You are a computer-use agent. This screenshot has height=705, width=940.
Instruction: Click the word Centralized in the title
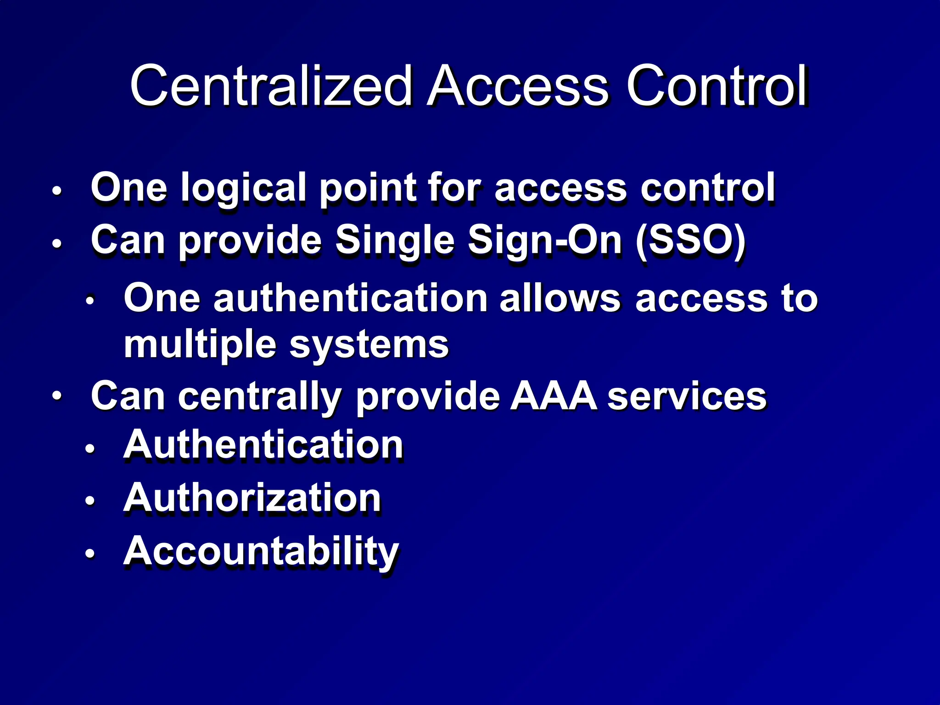[271, 86]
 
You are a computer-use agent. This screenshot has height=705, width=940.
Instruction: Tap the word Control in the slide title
[716, 86]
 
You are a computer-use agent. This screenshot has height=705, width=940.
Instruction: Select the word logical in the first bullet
[243, 188]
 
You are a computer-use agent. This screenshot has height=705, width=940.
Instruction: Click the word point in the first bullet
[367, 188]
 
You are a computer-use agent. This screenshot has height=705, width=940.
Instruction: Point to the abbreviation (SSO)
[691, 241]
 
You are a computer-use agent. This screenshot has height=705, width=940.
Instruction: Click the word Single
[395, 241]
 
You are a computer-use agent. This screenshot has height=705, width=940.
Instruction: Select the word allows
[560, 298]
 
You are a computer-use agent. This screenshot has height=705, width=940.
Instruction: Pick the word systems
[369, 345]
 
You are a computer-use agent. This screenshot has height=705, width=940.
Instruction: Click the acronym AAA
[554, 396]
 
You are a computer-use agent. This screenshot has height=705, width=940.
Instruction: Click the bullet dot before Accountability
[90, 554]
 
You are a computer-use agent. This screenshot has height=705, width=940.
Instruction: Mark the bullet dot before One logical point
[57, 190]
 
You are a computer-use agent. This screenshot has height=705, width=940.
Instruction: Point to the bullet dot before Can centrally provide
[57, 395]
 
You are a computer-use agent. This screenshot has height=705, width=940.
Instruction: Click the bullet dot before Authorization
[90, 500]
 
